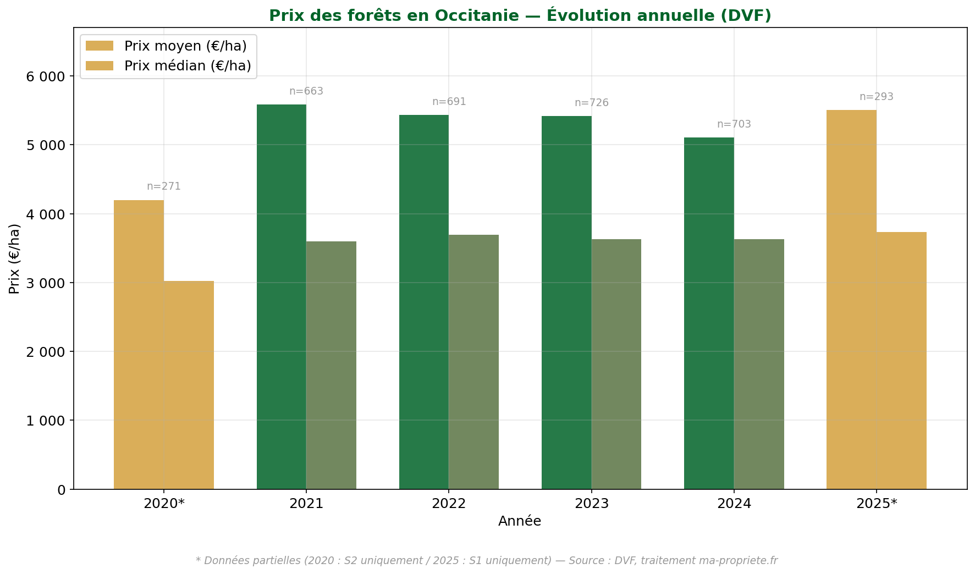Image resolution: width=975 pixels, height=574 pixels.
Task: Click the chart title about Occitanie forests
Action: (520, 15)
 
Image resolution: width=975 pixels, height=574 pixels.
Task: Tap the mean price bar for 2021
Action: (281, 297)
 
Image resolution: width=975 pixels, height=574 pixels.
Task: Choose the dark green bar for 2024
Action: (709, 313)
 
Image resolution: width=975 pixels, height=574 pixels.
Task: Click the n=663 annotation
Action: (306, 91)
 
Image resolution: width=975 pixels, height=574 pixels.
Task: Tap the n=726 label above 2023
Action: (591, 103)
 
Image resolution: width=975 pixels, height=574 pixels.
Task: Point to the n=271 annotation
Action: (163, 186)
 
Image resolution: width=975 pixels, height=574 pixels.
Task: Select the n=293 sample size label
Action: (876, 97)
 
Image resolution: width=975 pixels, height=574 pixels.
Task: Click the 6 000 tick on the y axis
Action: (46, 76)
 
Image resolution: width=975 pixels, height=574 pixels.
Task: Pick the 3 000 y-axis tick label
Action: (46, 283)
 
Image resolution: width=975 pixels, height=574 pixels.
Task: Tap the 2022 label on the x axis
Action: (449, 504)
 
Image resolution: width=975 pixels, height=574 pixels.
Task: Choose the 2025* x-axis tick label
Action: (877, 504)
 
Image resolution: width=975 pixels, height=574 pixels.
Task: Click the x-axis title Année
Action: (520, 521)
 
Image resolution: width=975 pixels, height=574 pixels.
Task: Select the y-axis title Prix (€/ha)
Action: (14, 258)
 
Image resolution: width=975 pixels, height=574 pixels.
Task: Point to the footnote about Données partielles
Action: (487, 560)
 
